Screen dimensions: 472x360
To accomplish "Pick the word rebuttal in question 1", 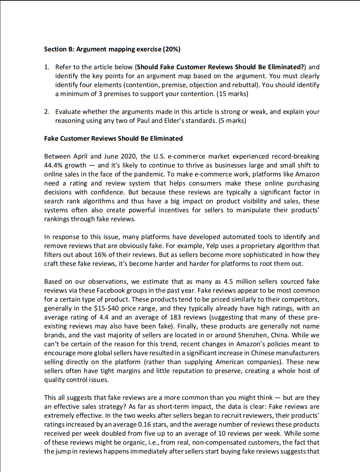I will pyautogui.click(x=247, y=85).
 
